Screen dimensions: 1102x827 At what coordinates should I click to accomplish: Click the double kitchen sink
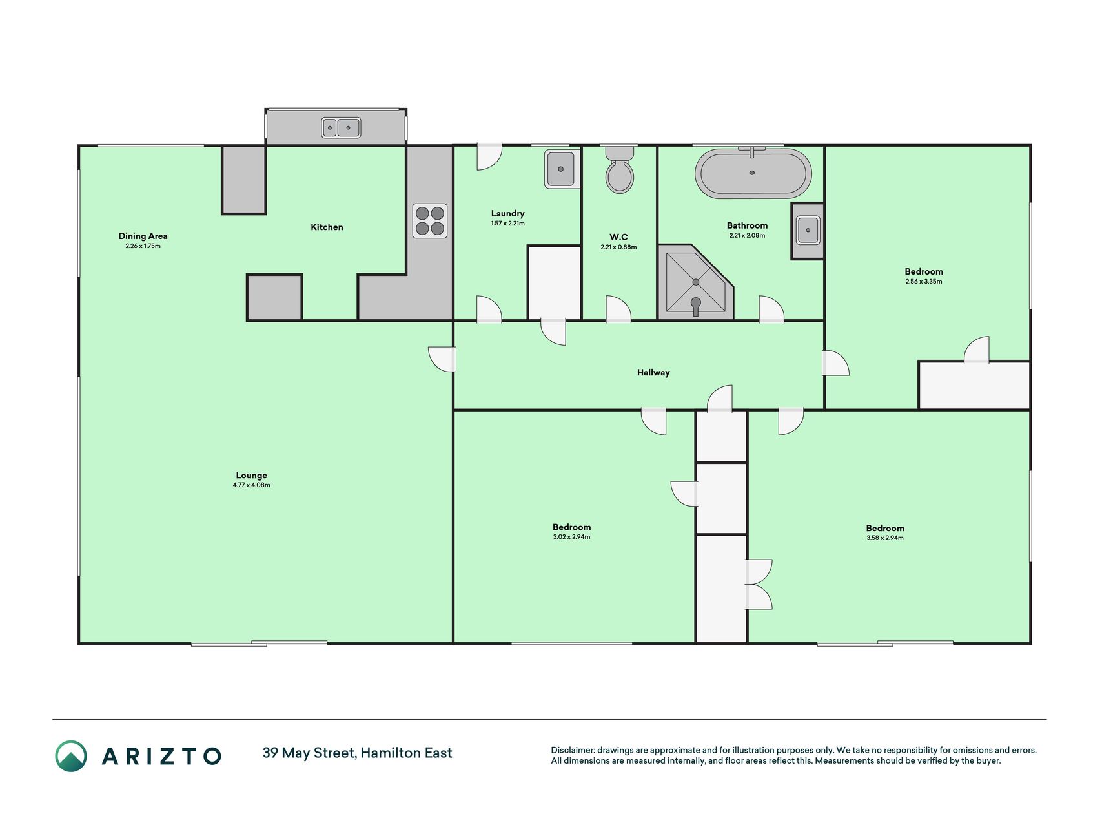341,127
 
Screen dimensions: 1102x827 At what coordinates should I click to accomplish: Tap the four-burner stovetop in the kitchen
430,220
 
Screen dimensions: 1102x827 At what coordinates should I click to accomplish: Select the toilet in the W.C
620,169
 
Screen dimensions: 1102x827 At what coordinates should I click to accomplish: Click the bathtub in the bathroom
753,173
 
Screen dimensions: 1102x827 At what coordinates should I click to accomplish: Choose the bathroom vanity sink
808,231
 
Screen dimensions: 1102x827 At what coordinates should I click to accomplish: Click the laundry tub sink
562,169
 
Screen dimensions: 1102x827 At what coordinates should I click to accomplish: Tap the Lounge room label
251,475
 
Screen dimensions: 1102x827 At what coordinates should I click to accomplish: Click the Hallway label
653,372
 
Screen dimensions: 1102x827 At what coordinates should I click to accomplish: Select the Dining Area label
143,236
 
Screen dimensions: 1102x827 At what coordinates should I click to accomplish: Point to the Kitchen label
327,227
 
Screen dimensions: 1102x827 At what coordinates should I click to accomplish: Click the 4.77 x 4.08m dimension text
252,485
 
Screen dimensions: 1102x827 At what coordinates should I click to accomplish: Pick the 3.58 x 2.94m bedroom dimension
885,538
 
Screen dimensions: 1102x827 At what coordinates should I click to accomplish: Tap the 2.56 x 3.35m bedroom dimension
924,281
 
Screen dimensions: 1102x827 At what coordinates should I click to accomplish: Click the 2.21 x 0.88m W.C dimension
618,247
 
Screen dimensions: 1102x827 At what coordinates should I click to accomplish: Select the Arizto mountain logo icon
71,756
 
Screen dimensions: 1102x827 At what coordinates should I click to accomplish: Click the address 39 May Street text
309,753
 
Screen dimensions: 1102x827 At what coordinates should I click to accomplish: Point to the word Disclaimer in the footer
572,750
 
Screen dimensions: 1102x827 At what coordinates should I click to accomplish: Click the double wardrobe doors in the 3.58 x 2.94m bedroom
759,585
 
